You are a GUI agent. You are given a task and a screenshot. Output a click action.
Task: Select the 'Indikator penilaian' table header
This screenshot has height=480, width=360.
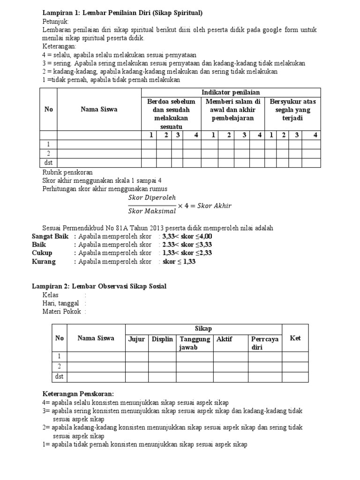coord(231,92)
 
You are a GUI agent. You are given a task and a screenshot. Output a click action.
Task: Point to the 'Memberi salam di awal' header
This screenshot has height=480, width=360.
coord(233,110)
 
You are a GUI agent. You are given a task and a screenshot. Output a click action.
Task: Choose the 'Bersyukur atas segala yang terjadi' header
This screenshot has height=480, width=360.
coord(292,110)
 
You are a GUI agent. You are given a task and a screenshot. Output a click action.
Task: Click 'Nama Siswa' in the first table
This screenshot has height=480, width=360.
coord(99,109)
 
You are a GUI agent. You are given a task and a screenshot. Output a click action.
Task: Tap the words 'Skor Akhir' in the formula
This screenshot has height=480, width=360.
coord(215,205)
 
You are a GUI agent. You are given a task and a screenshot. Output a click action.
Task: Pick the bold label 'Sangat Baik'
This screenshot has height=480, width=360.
coord(50,236)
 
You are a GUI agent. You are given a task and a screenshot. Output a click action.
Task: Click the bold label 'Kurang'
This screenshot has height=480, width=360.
coord(44,262)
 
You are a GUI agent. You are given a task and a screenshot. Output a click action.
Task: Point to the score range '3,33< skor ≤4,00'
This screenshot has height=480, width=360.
coord(187,236)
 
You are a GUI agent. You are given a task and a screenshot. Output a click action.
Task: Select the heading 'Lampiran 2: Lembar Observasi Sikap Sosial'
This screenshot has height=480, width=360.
coord(99,286)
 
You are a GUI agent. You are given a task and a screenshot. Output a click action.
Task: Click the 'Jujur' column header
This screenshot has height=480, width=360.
coord(136,338)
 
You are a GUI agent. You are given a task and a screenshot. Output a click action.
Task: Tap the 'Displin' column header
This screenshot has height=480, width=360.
coord(162,338)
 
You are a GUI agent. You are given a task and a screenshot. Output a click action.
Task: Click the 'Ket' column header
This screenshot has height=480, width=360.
coord(295,338)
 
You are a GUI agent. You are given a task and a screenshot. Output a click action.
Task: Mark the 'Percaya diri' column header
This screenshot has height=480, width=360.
coord(265,343)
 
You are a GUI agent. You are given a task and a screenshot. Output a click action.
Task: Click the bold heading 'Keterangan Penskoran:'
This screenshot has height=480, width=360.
coord(78,394)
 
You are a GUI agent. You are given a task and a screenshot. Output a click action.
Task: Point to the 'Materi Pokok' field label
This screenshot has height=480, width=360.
coord(61,311)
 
